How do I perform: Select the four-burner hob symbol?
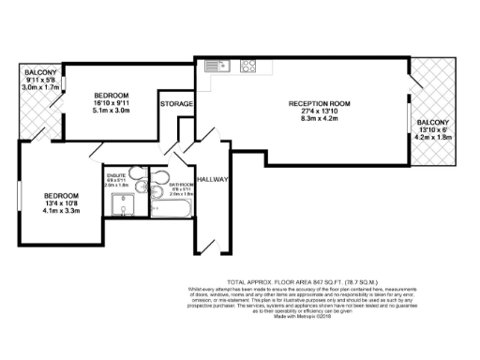click(249, 66)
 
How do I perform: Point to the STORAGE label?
click(176, 103)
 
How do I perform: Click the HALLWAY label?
click(213, 177)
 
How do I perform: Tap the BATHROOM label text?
click(181, 184)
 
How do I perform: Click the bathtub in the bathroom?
click(174, 211)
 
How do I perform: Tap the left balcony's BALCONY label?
click(39, 72)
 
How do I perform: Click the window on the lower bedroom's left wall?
click(19, 198)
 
